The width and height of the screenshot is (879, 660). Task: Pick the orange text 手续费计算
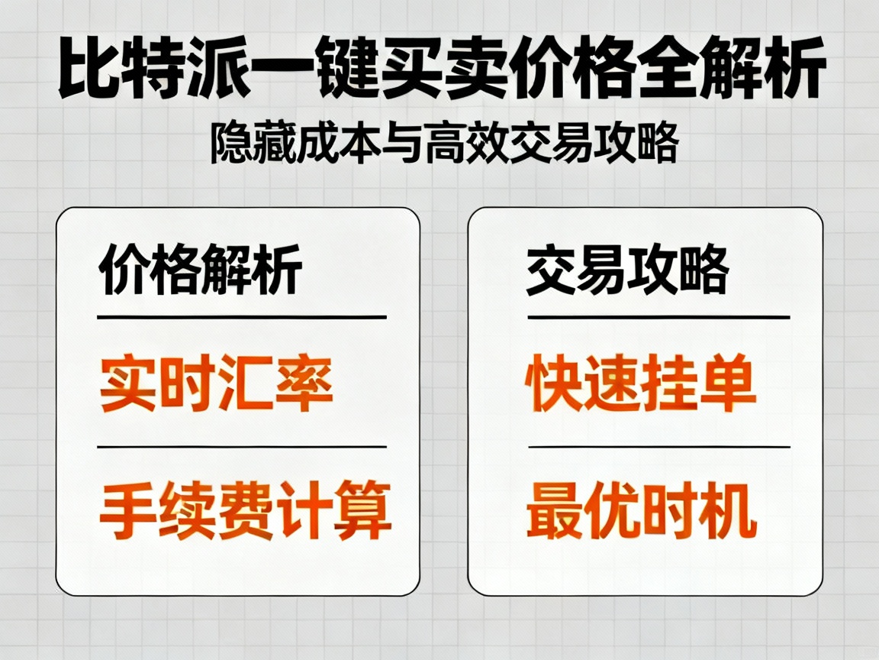246,511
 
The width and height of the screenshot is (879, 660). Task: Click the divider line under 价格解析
242,316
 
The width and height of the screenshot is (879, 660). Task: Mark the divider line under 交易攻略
658,316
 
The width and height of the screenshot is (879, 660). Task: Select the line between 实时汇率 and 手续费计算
242,447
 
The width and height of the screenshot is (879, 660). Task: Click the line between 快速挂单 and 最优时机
658,447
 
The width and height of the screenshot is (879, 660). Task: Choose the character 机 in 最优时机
729,511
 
